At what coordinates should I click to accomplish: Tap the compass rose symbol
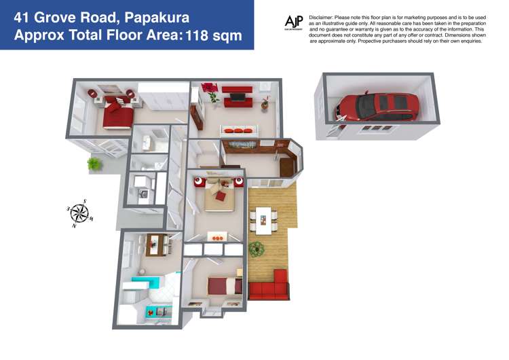(x=80, y=213)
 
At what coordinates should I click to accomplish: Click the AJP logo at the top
(x=294, y=23)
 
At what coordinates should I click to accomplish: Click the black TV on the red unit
(x=237, y=97)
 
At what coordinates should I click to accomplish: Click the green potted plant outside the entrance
(x=94, y=164)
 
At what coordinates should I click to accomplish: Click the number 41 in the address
(x=24, y=15)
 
